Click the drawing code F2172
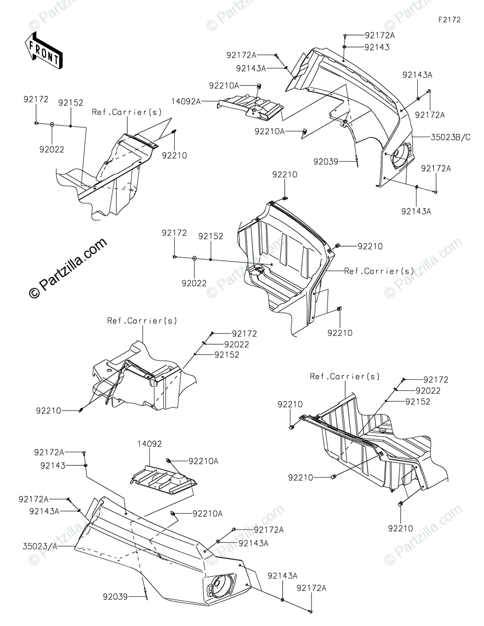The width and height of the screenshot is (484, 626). click(x=449, y=20)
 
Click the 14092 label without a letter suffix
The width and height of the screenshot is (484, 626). click(x=149, y=444)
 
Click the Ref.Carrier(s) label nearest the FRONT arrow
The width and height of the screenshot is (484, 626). click(x=127, y=112)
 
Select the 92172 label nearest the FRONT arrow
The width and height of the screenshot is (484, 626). click(x=35, y=98)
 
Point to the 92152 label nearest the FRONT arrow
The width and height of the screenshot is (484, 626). click(x=70, y=103)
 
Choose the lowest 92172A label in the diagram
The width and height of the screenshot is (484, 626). click(x=312, y=588)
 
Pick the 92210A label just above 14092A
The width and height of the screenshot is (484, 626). click(x=224, y=85)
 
